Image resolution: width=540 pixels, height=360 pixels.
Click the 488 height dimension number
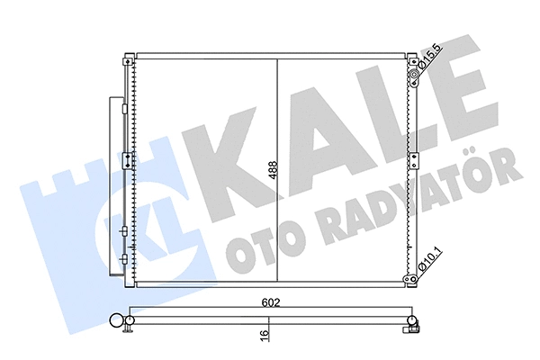pyautogui.click(x=271, y=171)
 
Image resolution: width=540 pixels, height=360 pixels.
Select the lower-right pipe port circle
pyautogui.click(x=418, y=279)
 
